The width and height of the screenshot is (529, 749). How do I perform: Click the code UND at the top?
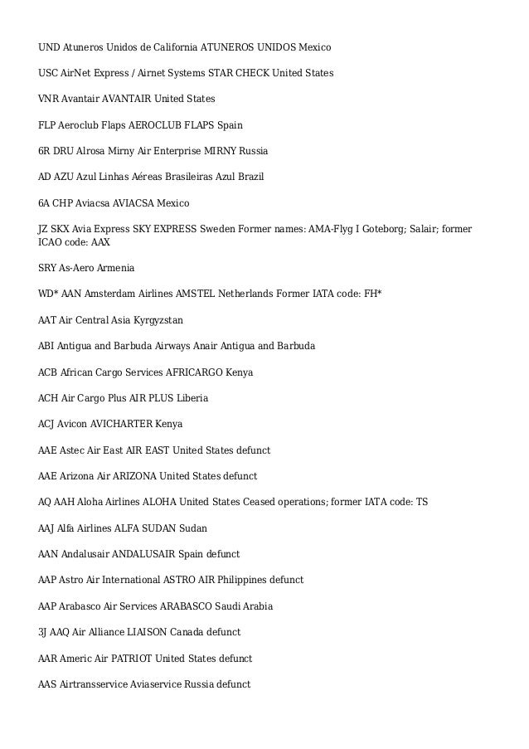point(50,47)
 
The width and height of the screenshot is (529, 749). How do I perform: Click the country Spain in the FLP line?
point(229,125)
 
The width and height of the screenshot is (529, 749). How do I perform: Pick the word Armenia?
point(115,268)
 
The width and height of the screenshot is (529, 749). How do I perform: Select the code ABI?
point(48,345)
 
